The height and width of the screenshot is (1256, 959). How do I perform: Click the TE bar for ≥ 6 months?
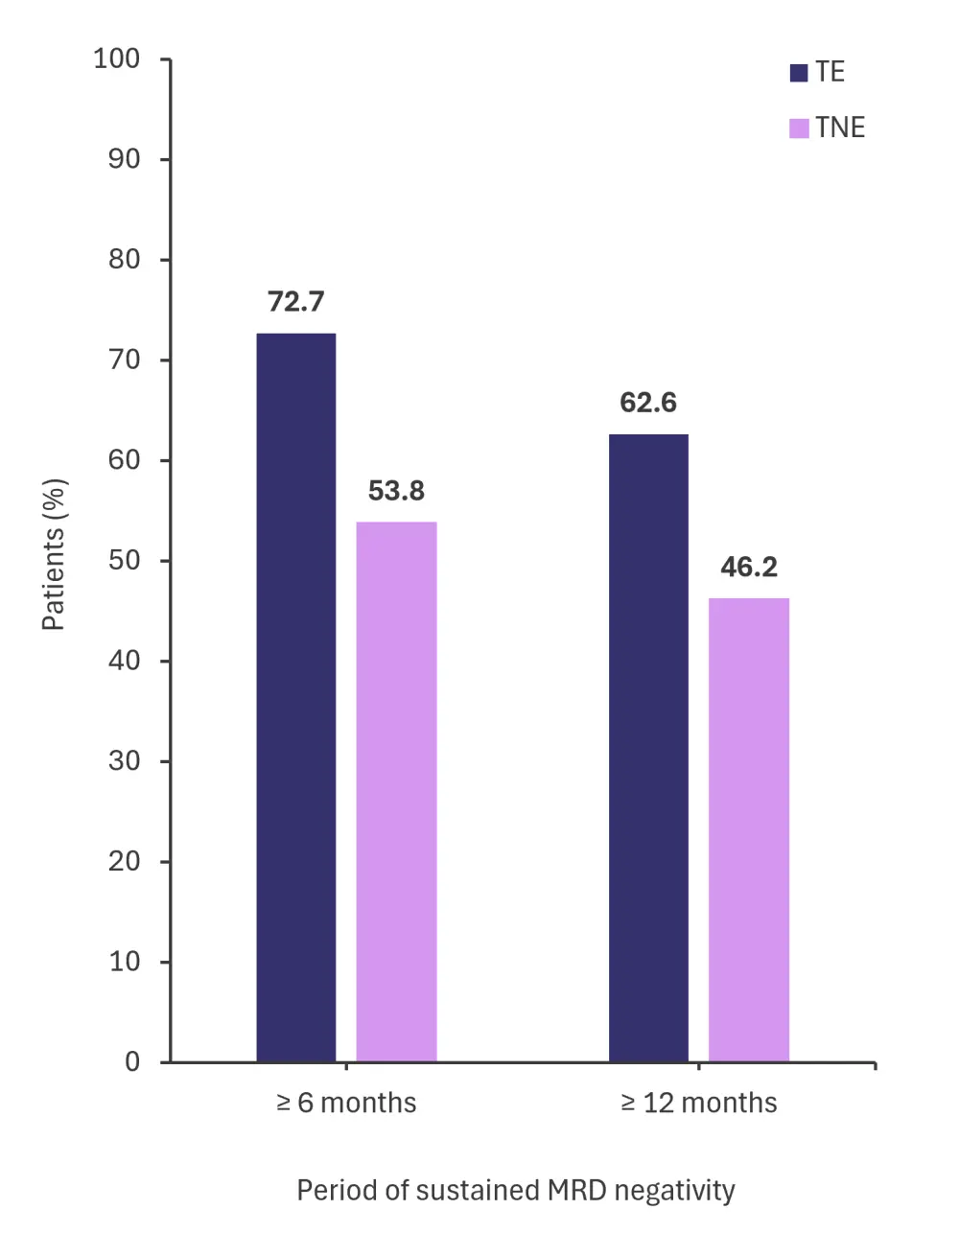[x=296, y=697]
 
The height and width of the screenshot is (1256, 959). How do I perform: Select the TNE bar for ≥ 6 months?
[x=396, y=791]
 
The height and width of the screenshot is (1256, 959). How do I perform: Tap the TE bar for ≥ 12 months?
[x=648, y=748]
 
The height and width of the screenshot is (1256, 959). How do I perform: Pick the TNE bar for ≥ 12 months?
[x=749, y=829]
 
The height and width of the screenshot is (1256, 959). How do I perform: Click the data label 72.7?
[x=296, y=302]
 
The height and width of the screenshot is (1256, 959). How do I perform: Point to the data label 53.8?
[x=396, y=491]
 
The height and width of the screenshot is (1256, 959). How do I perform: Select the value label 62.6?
[x=648, y=403]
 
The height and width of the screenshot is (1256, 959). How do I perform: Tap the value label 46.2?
[x=749, y=568]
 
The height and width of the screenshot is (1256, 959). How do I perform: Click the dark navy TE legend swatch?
[x=799, y=73]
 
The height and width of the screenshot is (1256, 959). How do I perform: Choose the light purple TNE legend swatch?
[x=799, y=128]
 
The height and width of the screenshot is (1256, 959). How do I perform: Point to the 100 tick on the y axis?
[x=117, y=59]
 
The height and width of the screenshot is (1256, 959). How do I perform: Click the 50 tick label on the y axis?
[x=124, y=560]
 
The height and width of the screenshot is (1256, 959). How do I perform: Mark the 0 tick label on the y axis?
[x=132, y=1061]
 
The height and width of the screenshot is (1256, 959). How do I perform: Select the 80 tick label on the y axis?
[x=124, y=260]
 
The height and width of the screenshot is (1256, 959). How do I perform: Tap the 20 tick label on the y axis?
[x=124, y=861]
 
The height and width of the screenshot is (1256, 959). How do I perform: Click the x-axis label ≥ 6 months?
[x=346, y=1104]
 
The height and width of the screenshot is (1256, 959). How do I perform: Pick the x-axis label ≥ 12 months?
[x=699, y=1104]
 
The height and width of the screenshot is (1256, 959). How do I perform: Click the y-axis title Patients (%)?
[x=54, y=554]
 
